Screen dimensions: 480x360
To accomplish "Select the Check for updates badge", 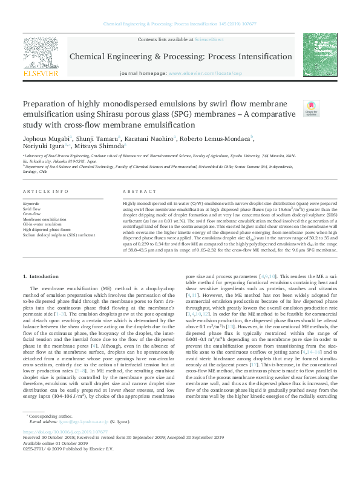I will [311, 109].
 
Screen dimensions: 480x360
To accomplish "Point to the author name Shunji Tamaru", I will [91, 138].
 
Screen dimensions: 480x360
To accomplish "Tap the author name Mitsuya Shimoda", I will [102, 146].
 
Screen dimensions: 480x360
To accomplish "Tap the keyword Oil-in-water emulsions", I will [42, 224].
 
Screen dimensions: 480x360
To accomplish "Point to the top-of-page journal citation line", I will [180, 25].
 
